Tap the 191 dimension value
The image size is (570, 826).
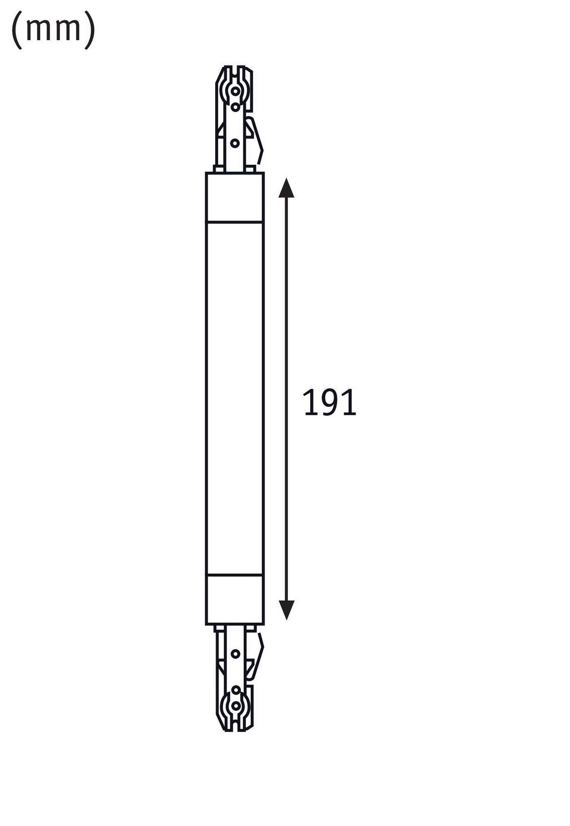(329, 403)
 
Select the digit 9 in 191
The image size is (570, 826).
(329, 403)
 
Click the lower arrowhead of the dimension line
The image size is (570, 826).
(286, 610)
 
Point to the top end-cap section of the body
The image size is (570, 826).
(235, 197)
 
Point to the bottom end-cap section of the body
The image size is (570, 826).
(235, 600)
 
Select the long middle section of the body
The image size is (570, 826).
(235, 399)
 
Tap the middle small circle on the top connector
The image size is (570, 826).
(235, 106)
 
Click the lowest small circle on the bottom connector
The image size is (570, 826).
(235, 705)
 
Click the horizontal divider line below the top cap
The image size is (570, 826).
(235, 222)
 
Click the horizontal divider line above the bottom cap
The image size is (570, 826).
(235, 575)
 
